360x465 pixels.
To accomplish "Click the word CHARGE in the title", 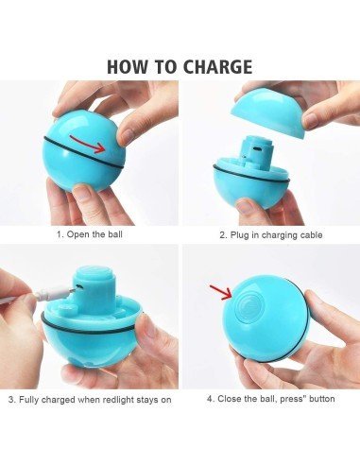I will [213, 66].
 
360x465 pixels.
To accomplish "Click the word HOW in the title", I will [126, 66].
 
